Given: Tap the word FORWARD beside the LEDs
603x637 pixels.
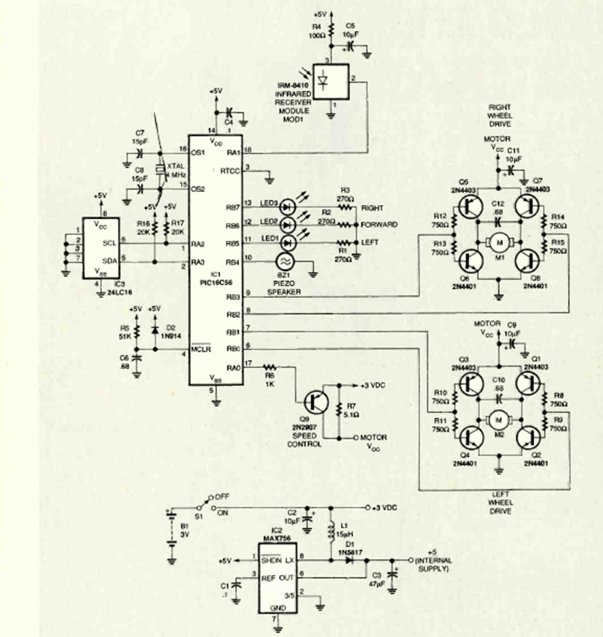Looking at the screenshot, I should (x=380, y=224).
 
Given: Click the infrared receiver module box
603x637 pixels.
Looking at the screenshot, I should (x=331, y=79).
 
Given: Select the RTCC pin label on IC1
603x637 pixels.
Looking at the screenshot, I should (x=231, y=172).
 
